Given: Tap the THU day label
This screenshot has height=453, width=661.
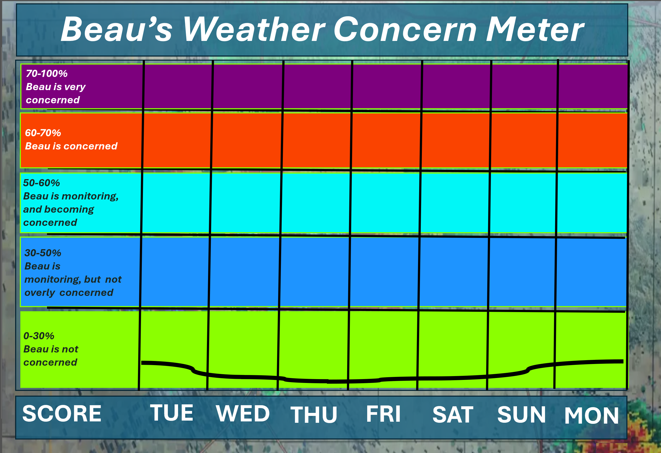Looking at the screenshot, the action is click(x=314, y=415).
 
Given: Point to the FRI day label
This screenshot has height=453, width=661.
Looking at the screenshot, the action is click(x=383, y=414).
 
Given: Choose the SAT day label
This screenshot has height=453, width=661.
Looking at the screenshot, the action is click(x=453, y=415).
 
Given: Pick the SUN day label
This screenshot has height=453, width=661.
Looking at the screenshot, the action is click(x=522, y=414).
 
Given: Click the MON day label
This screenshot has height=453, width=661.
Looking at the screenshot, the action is click(x=591, y=416).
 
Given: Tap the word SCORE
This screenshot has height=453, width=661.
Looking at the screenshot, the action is click(x=62, y=413).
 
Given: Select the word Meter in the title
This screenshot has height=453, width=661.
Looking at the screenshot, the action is click(x=535, y=29).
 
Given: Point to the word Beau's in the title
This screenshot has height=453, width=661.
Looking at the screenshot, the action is click(x=117, y=29).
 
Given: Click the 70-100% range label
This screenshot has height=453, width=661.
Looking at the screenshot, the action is click(x=47, y=73).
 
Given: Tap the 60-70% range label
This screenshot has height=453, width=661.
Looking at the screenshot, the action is click(x=43, y=133).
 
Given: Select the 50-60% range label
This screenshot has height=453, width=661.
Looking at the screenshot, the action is click(x=42, y=183).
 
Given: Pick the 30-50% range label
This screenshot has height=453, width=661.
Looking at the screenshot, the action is click(x=43, y=253).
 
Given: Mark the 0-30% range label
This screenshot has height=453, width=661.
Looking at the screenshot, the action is click(x=39, y=336).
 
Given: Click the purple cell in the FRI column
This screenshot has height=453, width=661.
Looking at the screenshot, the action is click(x=387, y=87).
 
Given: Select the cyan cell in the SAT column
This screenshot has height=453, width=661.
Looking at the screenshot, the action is click(x=455, y=203).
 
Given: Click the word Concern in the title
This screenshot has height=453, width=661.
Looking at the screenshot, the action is click(x=405, y=29).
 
